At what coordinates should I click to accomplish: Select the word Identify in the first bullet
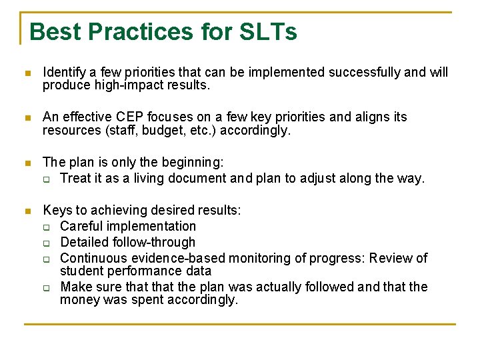point(64,72)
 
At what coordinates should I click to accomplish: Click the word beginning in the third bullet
point(190,162)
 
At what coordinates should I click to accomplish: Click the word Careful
point(81,226)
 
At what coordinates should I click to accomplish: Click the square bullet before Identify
point(27,73)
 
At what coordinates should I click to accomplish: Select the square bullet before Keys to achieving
point(27,211)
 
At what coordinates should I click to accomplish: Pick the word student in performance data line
point(81,271)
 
